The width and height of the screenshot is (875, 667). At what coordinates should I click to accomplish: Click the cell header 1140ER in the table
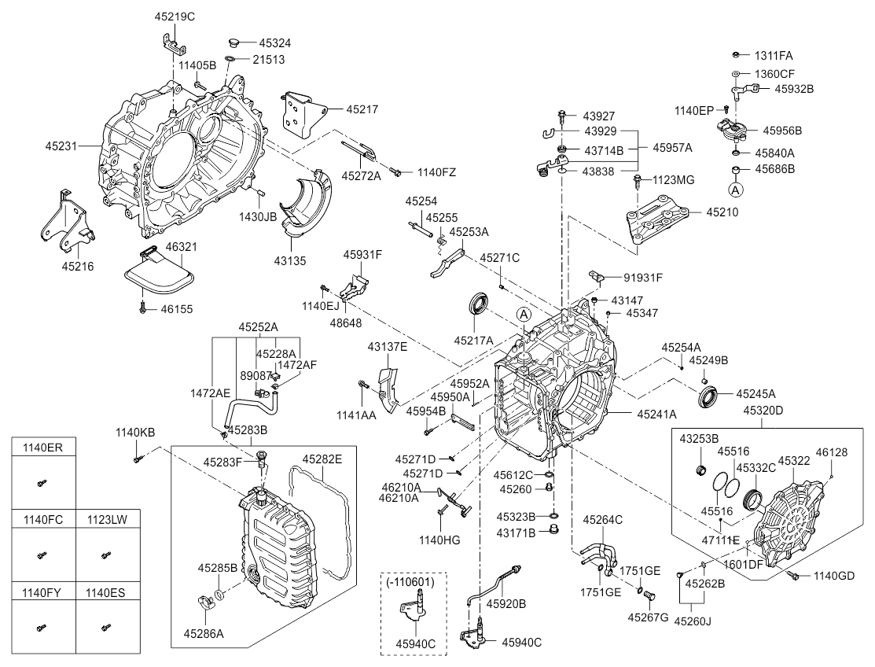(42, 447)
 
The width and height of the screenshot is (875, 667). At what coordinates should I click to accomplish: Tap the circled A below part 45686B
(735, 190)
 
